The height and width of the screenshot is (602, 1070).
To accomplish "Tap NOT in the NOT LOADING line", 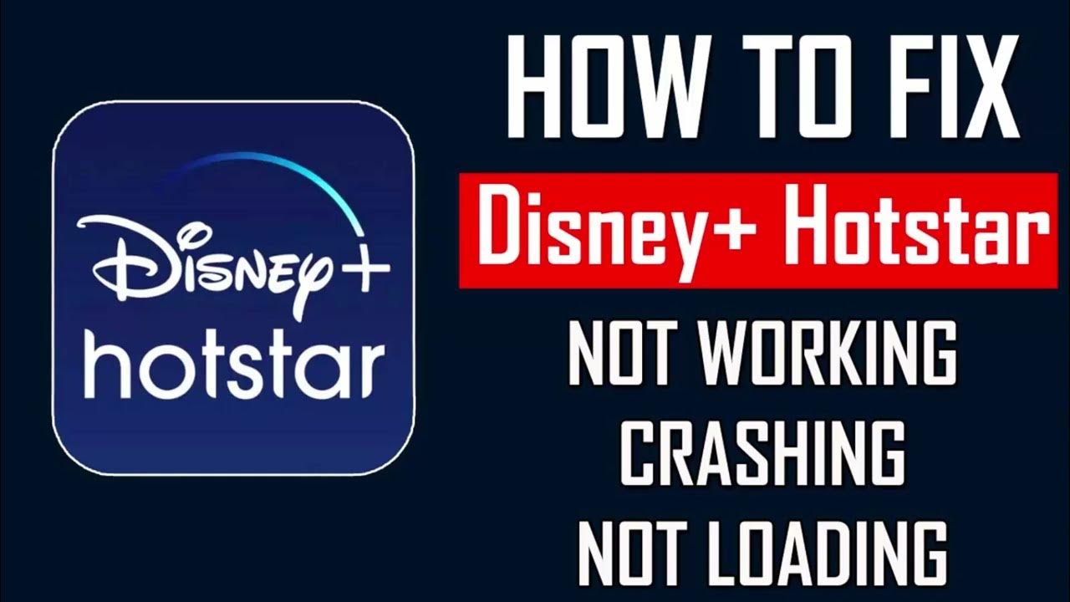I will point(620,552).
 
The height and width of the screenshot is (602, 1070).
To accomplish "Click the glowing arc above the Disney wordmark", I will point(276,171).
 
